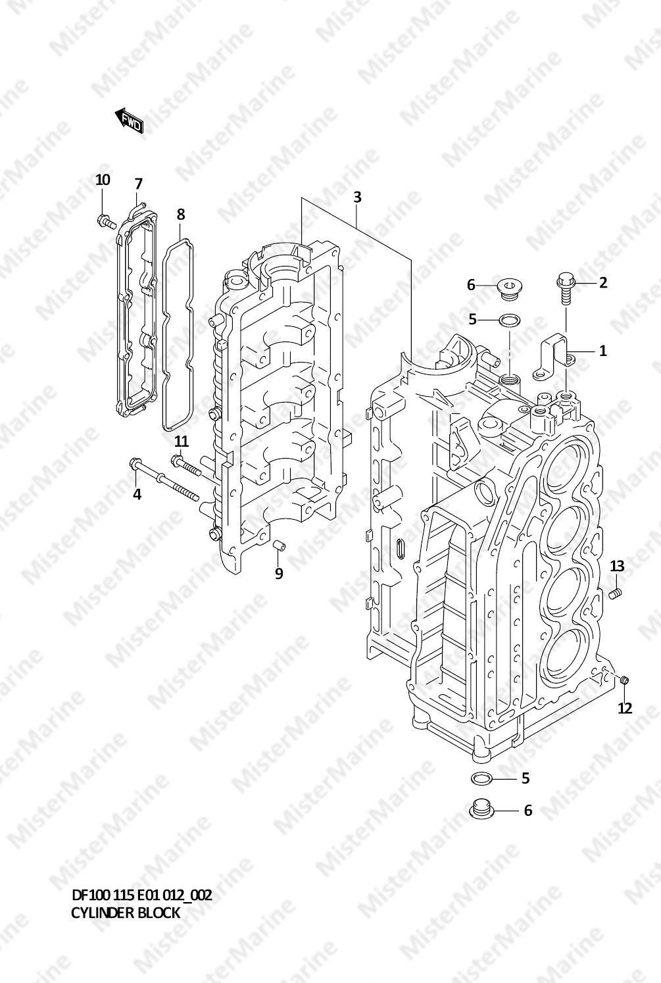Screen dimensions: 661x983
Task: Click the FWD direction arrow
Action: pos(128,120)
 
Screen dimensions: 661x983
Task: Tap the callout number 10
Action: pos(103,180)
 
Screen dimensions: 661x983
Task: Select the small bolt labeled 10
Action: pos(106,220)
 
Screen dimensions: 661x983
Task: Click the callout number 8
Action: pos(180,214)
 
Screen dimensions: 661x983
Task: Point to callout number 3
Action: pos(357,197)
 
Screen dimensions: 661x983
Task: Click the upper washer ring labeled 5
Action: pos(510,320)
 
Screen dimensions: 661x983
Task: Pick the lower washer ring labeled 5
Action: pos(481,779)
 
